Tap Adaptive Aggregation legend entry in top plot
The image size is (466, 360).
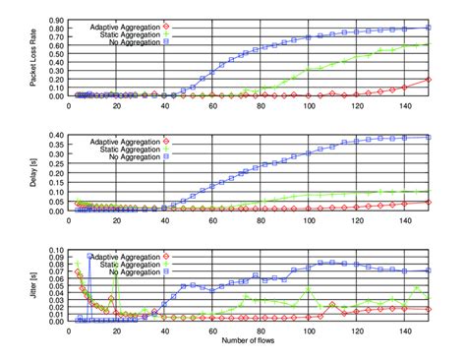point(125,24)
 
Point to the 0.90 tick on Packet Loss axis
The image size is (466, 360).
point(57,19)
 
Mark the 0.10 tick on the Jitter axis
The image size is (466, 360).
point(57,250)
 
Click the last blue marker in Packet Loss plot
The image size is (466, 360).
point(428,28)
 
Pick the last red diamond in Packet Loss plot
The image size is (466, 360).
point(428,80)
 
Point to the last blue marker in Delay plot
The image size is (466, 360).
point(428,138)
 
